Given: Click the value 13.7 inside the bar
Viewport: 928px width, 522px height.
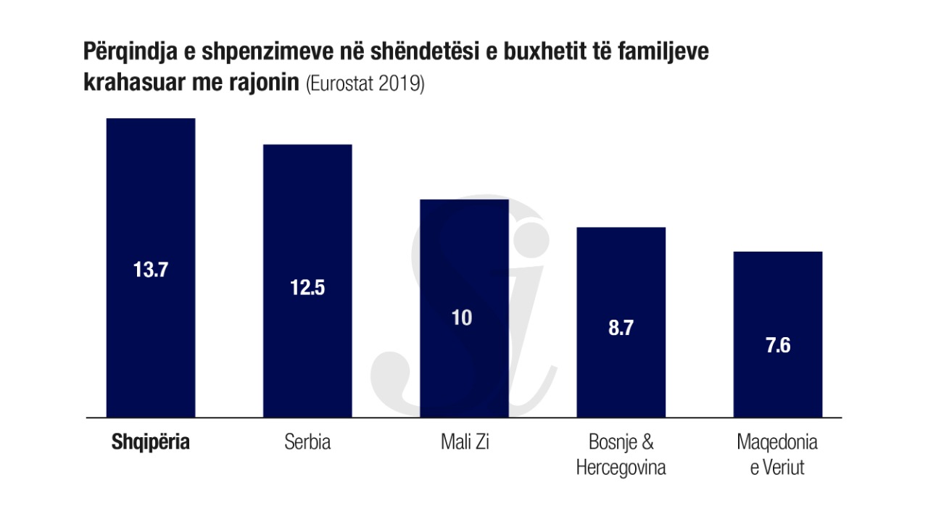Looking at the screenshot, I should pyautogui.click(x=151, y=270).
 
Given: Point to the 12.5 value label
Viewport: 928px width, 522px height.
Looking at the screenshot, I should pyautogui.click(x=307, y=287).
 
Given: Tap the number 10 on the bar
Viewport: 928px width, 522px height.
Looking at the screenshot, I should pyautogui.click(x=462, y=318).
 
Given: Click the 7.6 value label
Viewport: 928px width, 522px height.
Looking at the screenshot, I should pyautogui.click(x=777, y=345).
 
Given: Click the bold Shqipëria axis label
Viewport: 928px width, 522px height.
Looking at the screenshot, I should pyautogui.click(x=151, y=442).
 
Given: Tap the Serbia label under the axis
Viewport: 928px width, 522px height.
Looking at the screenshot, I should pyautogui.click(x=307, y=442).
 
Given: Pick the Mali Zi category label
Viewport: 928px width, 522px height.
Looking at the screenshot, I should pyautogui.click(x=465, y=442).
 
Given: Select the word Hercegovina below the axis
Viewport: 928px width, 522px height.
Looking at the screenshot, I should pyautogui.click(x=621, y=468).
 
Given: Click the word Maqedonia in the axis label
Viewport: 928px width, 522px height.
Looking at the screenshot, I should pyautogui.click(x=777, y=442).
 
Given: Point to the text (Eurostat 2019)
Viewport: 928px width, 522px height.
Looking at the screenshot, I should pyautogui.click(x=365, y=83).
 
